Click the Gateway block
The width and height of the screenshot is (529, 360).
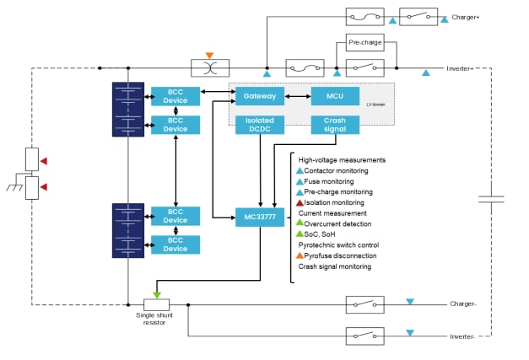[x=258, y=96]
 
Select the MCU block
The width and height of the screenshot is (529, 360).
[x=335, y=96]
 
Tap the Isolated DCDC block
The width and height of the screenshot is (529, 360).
[x=258, y=125]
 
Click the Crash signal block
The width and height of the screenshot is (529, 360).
[x=335, y=125]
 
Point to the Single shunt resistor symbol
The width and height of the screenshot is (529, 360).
[x=157, y=304]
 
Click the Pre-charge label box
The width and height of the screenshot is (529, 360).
[x=366, y=43]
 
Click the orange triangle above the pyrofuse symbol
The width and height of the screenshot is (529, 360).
[x=209, y=56]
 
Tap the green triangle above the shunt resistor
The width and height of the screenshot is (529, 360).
[x=157, y=294]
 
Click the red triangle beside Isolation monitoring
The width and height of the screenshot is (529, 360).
[x=299, y=202]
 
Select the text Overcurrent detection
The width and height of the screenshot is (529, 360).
[x=340, y=223]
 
